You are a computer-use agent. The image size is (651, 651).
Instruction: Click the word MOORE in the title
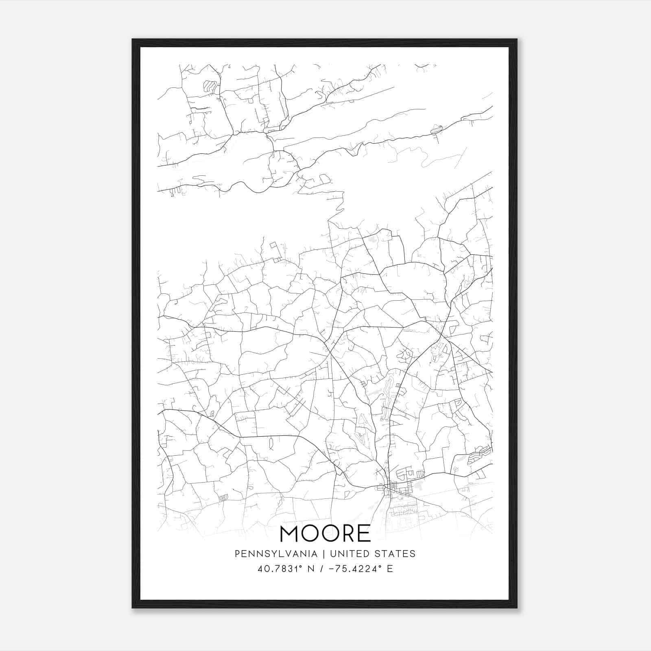point(325,534)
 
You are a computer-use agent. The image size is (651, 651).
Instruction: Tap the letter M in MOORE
point(290,534)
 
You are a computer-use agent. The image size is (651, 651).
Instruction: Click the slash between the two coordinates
point(321,569)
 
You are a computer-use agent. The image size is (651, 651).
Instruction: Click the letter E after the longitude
point(390,569)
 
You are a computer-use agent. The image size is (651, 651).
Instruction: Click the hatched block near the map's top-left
point(210,86)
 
